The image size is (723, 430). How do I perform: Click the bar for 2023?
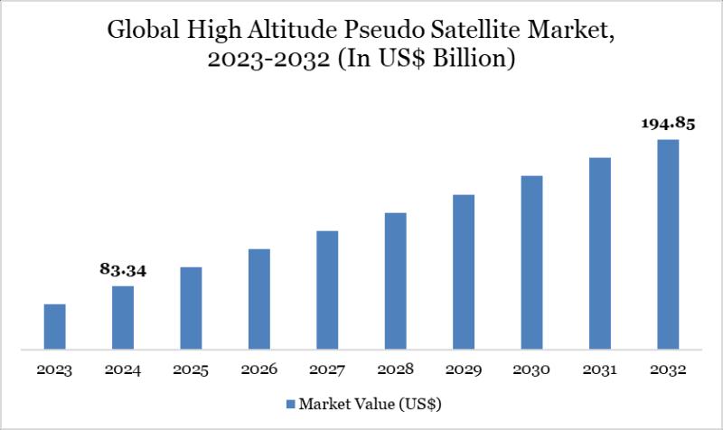(55, 326)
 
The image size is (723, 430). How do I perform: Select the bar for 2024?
(123, 317)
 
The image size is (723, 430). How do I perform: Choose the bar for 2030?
(531, 262)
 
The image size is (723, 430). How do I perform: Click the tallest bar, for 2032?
(668, 244)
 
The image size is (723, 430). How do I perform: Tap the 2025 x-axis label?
(191, 370)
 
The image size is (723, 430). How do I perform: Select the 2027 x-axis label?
(327, 370)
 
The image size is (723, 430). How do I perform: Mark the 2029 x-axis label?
(464, 370)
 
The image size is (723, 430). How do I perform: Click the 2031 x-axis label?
(600, 370)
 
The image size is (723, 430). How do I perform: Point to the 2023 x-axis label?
(55, 370)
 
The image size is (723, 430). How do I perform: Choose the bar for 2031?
(600, 253)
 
